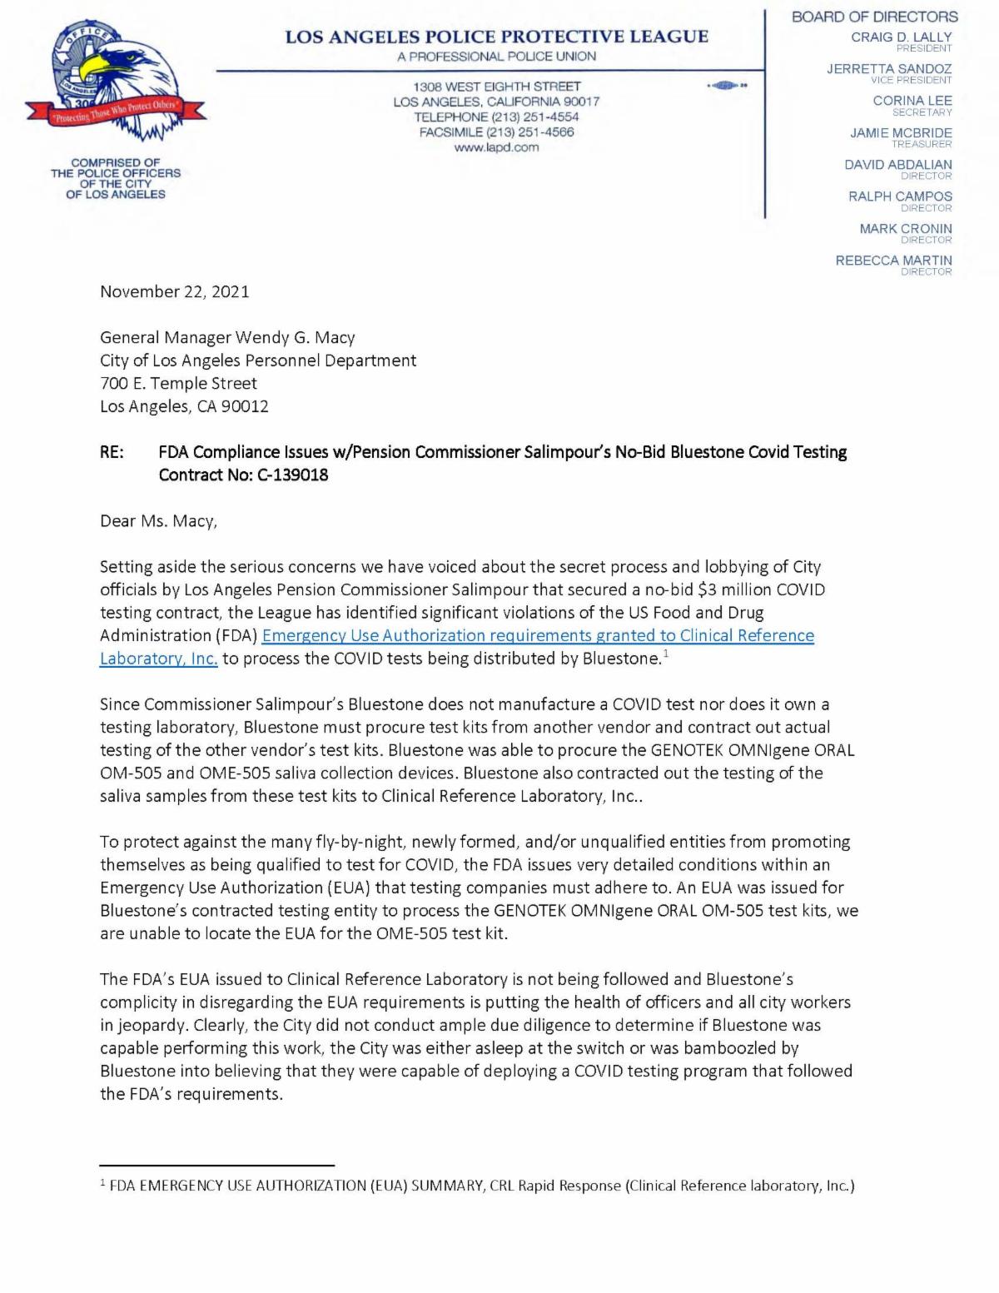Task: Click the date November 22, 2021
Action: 174,291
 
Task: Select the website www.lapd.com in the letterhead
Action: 496,147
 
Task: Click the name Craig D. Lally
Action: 901,37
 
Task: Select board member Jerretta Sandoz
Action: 888,69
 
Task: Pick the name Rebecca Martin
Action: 893,261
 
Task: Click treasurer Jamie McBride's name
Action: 901,133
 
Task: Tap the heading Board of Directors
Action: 874,17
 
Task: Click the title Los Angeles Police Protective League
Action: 497,37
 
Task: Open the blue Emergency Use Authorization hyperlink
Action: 538,636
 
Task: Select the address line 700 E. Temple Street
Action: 178,384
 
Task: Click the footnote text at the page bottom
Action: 481,1186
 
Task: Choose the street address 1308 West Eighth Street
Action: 497,87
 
